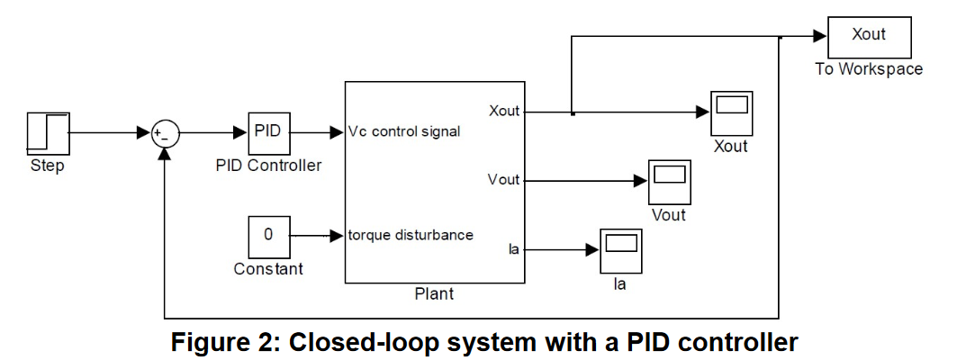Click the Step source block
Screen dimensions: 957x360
49,133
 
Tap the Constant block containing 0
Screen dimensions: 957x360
268,236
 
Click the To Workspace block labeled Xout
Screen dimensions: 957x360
869,37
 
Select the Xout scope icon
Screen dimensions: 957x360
731,112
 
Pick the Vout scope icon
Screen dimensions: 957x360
670,182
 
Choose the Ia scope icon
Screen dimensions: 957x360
620,251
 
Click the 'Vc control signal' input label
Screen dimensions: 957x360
404,131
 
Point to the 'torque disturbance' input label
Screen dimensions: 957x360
411,235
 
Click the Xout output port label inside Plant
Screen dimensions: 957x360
504,111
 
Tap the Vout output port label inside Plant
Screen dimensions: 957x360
504,180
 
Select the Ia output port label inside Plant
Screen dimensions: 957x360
513,249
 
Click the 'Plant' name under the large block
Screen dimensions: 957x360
435,294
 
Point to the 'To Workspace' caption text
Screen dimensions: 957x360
869,69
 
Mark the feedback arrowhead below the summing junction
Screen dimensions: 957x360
166,155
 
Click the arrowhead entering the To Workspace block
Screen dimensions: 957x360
820,37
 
